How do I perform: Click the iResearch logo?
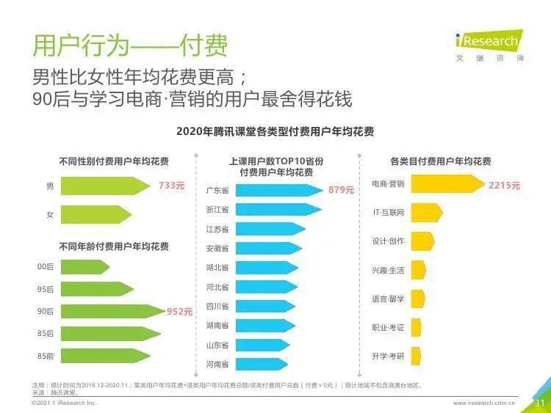click(x=487, y=42)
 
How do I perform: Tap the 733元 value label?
click(x=171, y=186)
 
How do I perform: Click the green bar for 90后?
click(x=111, y=311)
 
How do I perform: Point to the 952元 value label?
click(x=179, y=311)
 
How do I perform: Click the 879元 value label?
click(x=341, y=190)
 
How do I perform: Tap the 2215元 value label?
click(x=504, y=186)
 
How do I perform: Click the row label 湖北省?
click(x=217, y=268)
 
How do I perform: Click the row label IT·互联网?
click(x=388, y=213)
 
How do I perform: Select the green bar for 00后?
click(x=84, y=267)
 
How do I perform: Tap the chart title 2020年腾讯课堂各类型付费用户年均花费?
click(x=275, y=132)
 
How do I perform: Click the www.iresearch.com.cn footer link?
click(x=484, y=403)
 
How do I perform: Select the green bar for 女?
click(x=96, y=215)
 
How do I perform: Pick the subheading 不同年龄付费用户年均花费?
click(x=114, y=246)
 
